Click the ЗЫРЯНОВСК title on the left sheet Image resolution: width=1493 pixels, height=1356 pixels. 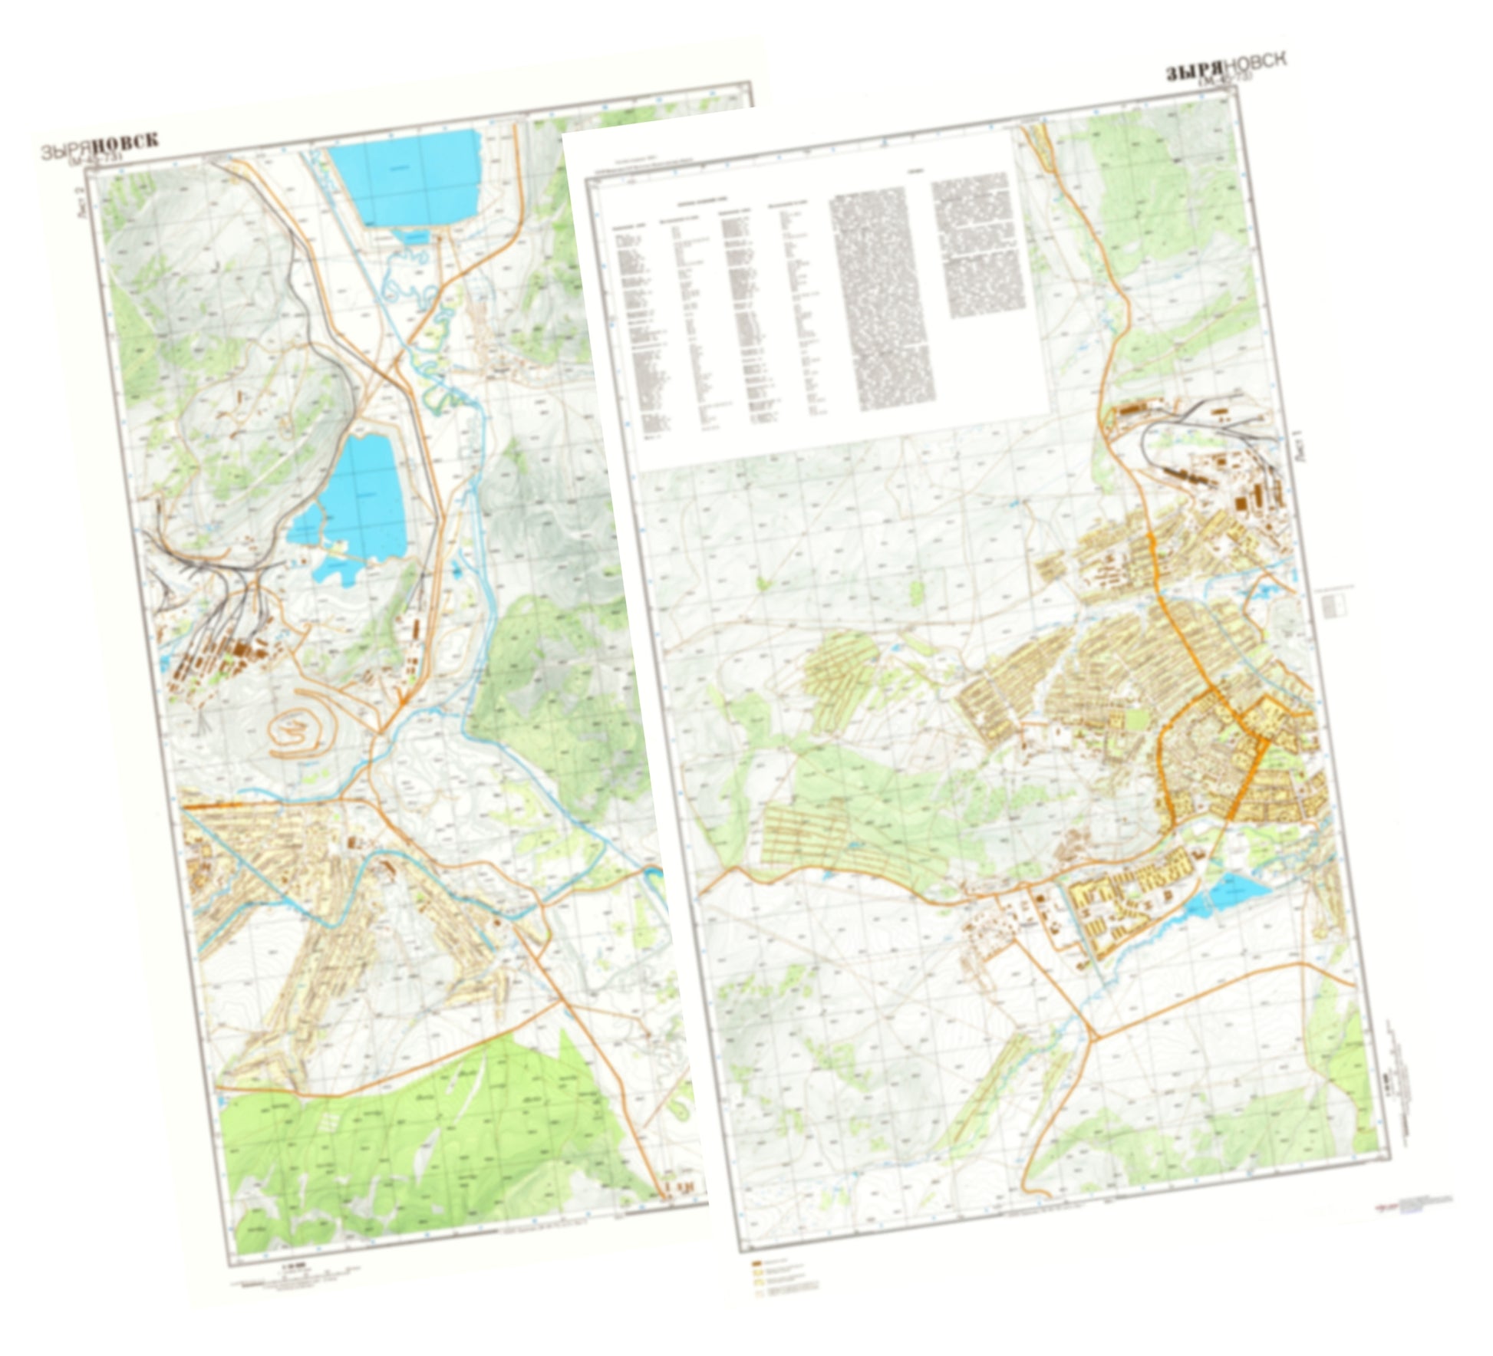(100, 146)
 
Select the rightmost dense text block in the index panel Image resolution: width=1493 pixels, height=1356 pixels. (980, 245)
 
